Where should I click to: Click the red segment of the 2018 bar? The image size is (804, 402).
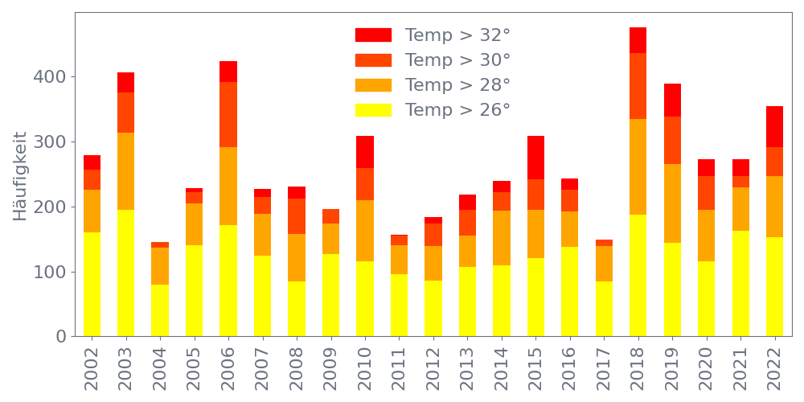[x=638, y=40]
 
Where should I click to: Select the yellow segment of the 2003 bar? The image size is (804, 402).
[x=125, y=273]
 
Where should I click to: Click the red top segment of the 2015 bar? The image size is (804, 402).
[x=535, y=158]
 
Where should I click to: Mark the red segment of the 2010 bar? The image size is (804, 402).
[x=365, y=152]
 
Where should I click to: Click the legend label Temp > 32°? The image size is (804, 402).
[x=457, y=35]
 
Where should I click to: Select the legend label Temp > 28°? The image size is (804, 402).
[x=457, y=85]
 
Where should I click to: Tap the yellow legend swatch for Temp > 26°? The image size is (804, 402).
[x=373, y=110]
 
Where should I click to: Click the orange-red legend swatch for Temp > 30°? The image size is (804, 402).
[x=373, y=60]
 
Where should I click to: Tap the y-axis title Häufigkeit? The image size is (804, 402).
[x=20, y=175]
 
